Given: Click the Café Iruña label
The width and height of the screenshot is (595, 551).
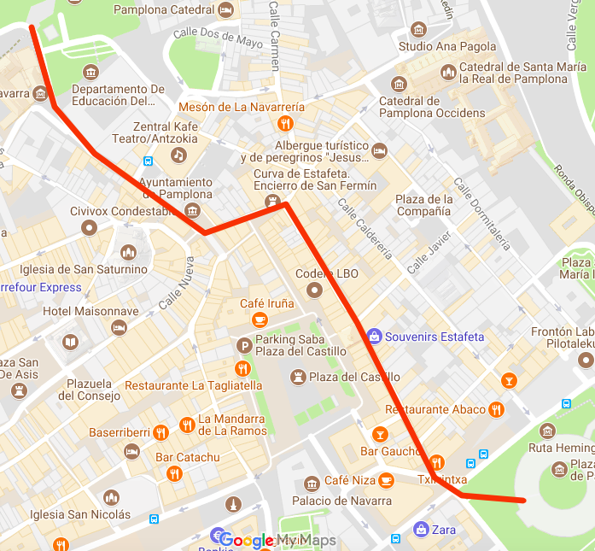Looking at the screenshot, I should (266, 303).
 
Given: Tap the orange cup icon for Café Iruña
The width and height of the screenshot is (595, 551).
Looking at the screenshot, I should (260, 319).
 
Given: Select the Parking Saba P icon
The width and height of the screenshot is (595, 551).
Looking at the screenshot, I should (243, 345).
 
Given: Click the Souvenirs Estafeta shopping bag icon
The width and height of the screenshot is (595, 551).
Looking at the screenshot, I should (373, 337).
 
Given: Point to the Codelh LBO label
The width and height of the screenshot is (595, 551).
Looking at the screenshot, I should (326, 274).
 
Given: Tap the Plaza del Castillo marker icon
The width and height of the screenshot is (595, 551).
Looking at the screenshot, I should (298, 377).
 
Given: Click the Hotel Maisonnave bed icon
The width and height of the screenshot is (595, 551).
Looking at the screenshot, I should (120, 328).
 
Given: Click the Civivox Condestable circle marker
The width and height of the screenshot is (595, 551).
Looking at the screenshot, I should (89, 227).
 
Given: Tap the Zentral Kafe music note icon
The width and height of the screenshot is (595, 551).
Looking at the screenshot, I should (178, 155).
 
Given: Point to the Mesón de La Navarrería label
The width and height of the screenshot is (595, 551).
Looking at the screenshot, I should (241, 107).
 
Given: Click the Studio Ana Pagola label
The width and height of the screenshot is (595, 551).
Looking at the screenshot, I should (446, 47).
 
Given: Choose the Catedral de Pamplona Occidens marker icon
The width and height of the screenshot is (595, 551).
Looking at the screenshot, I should (399, 84).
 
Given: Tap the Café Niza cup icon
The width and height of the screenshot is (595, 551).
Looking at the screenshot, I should (386, 480).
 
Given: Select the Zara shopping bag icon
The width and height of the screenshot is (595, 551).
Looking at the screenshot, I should (420, 530).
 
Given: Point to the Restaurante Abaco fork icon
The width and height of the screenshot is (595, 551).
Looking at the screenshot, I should (496, 410).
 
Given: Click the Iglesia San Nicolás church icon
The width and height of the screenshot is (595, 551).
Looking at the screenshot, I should (111, 498).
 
